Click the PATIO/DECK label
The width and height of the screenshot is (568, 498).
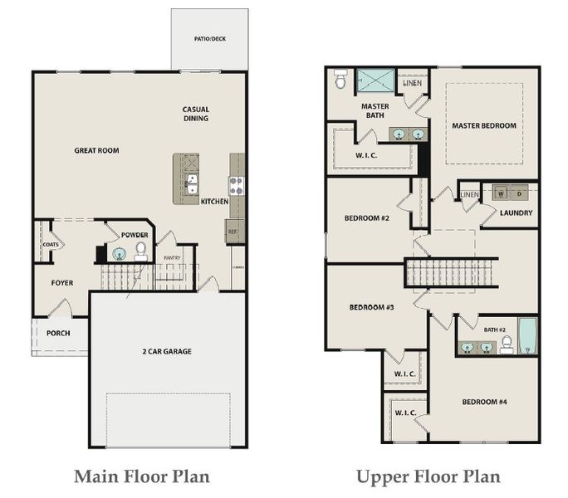click(209, 39)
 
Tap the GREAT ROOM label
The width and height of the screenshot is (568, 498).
click(96, 150)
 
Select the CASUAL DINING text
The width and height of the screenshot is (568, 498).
click(196, 114)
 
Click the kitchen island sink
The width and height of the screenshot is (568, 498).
click(192, 183)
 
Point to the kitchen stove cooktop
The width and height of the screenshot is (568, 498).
click(236, 185)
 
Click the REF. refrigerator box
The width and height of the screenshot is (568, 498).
click(233, 232)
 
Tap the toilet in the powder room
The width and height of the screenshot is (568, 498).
click(140, 250)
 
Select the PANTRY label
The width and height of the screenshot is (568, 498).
click(172, 258)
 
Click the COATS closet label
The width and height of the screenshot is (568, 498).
click(48, 246)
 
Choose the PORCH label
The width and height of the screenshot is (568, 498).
click(58, 334)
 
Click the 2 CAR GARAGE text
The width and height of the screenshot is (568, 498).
click(166, 351)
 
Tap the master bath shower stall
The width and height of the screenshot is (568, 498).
click(376, 81)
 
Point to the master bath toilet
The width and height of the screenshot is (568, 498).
click(340, 80)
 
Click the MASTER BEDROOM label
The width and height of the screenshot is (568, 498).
click(483, 126)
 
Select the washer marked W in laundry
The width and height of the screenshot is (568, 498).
click(501, 193)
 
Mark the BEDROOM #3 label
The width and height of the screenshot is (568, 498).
click(371, 307)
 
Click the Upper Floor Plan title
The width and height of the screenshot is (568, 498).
click(428, 476)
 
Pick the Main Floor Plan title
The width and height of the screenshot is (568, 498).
click(142, 476)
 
